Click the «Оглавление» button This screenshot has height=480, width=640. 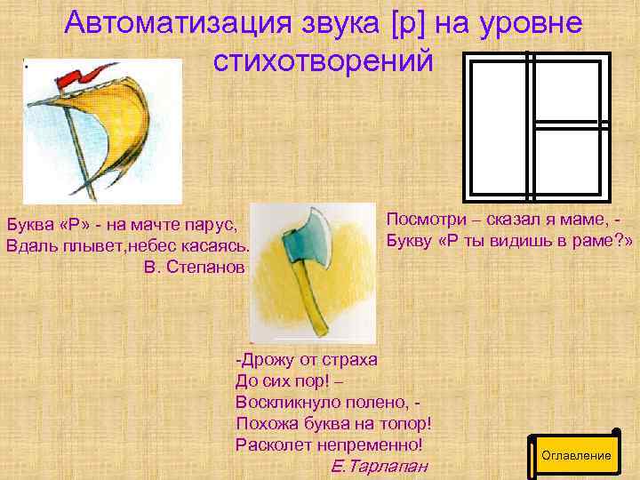pos(576,455)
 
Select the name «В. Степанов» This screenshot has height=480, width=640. pos(193,268)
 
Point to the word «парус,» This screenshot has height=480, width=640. pos(218,223)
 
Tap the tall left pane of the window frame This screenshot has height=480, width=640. pos(498,124)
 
